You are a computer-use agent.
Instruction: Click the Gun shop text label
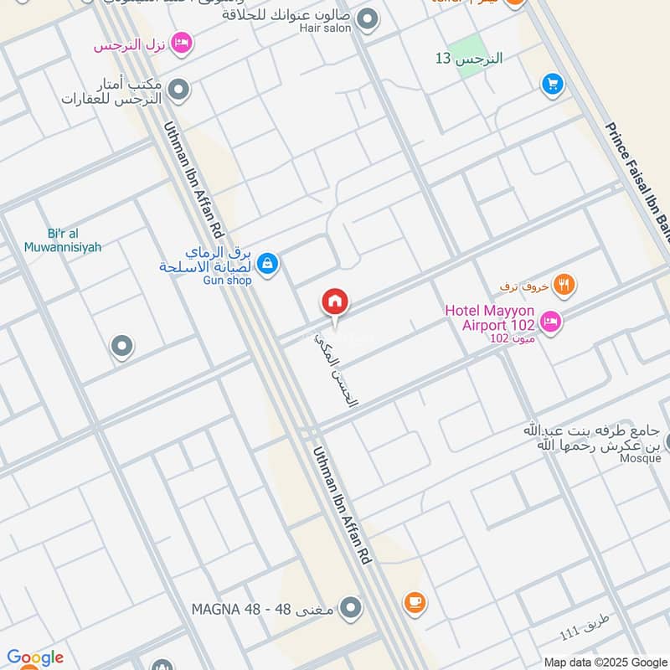coord(227,281)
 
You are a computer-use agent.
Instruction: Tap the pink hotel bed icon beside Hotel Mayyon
coord(550,321)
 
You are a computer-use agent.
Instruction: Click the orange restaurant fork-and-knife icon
coord(565,285)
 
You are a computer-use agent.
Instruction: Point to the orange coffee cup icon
coord(414,601)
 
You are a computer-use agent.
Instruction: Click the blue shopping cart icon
coord(551,83)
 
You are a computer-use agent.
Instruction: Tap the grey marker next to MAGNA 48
coord(351,607)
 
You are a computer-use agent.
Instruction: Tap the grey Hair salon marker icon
coord(366,18)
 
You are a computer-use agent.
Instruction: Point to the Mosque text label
coord(640,458)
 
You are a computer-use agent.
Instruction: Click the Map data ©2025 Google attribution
coord(605,662)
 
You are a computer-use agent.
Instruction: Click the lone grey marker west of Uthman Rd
coord(122,345)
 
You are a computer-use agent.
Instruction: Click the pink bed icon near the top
coord(181,43)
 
